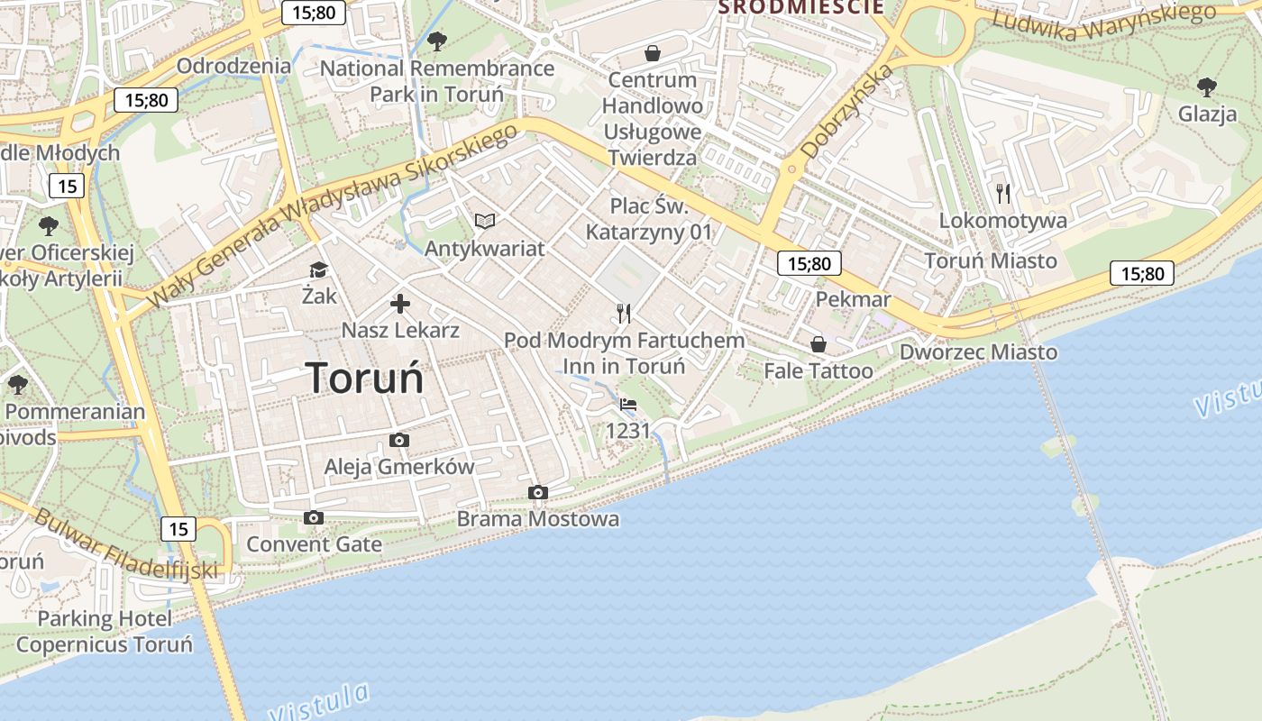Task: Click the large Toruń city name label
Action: tap(364, 377)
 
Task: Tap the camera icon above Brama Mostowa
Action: tap(538, 492)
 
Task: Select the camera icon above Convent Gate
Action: tap(314, 517)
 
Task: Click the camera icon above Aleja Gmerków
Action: tap(398, 440)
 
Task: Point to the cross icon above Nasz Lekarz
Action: tap(399, 304)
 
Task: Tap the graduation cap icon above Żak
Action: tap(317, 269)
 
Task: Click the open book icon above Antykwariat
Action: tap(485, 221)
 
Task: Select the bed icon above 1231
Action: tap(628, 405)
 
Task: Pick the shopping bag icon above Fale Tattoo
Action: tap(818, 344)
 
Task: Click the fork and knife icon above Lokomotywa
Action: tap(1002, 193)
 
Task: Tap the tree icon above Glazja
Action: tap(1206, 87)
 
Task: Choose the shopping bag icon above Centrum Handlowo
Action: tap(653, 53)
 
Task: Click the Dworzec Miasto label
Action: tap(978, 351)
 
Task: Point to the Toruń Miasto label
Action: tap(991, 260)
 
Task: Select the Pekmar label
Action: tap(853, 299)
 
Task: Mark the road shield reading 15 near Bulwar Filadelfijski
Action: tap(178, 528)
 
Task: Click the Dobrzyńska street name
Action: tap(847, 112)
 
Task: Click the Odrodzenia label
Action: tap(233, 66)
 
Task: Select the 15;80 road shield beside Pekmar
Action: tap(809, 263)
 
